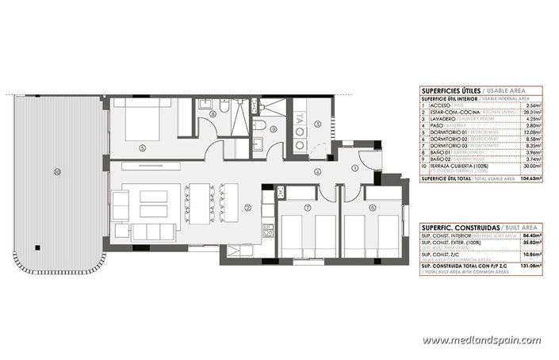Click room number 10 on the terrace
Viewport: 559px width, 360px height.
pos(57,172)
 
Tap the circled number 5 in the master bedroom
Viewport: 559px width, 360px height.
pos(142,147)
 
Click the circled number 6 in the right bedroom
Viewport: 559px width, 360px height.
pos(373,207)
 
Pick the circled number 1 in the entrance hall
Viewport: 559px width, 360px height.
pos(355,167)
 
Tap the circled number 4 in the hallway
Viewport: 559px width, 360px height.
pos(318,171)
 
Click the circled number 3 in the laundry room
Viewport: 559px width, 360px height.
pos(316,124)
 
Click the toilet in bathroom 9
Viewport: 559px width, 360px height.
pos(259,125)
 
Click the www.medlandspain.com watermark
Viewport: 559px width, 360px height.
pos(481,340)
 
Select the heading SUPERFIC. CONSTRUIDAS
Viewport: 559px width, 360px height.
pos(454,228)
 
